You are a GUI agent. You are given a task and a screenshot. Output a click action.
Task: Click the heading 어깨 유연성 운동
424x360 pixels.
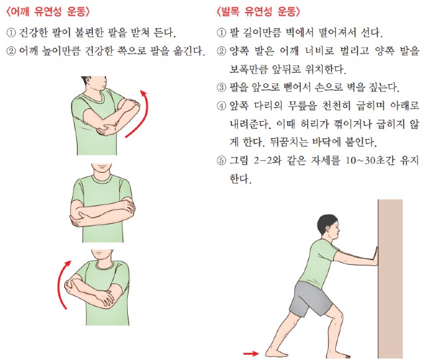48,11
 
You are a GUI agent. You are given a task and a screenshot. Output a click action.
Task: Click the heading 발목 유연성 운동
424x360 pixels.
258,11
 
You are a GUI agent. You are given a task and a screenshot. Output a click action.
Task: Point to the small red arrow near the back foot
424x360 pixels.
251,353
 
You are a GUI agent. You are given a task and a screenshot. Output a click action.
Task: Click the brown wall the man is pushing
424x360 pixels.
390,279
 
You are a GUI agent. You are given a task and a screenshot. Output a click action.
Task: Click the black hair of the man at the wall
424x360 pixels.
327,225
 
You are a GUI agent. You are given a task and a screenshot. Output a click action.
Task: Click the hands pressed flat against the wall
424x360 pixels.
375,256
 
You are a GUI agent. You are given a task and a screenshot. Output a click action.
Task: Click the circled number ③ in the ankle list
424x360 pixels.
221,87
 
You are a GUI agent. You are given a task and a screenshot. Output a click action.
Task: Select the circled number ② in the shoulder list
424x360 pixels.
11,51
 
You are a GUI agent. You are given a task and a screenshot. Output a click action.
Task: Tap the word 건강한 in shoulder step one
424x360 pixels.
33,32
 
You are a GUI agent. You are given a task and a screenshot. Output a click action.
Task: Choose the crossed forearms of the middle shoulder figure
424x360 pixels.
103,210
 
